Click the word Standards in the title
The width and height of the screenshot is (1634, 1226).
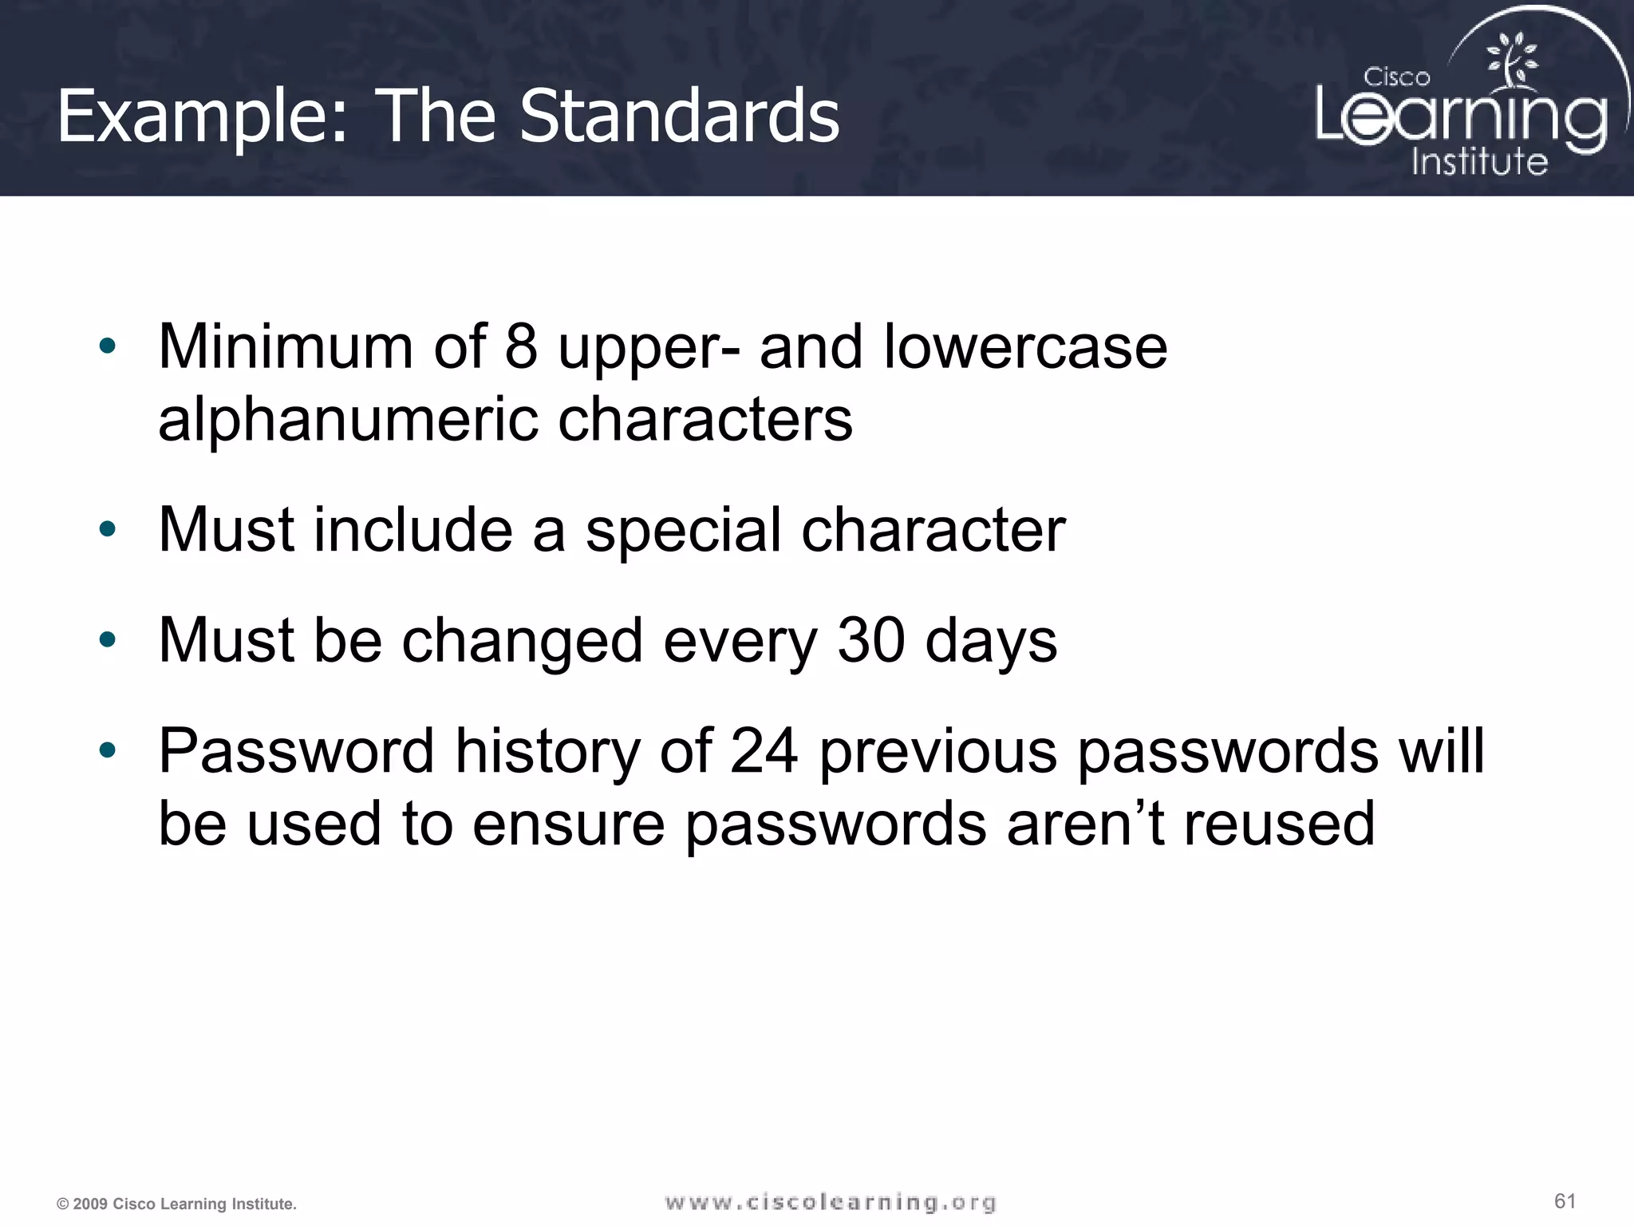pyautogui.click(x=679, y=117)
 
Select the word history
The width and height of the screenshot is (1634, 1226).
pyautogui.click(x=547, y=752)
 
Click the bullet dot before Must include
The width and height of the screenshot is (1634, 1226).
pyautogui.click(x=108, y=529)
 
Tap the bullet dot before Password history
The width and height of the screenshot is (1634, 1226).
pyautogui.click(x=108, y=750)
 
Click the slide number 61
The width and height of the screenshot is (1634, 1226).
pyautogui.click(x=1565, y=1200)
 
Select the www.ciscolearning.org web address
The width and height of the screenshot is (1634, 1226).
pyautogui.click(x=830, y=1202)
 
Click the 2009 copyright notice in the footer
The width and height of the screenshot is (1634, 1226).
pyautogui.click(x=176, y=1204)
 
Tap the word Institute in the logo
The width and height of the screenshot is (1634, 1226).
pyautogui.click(x=1479, y=161)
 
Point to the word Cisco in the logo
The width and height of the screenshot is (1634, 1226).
pyautogui.click(x=1396, y=77)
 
